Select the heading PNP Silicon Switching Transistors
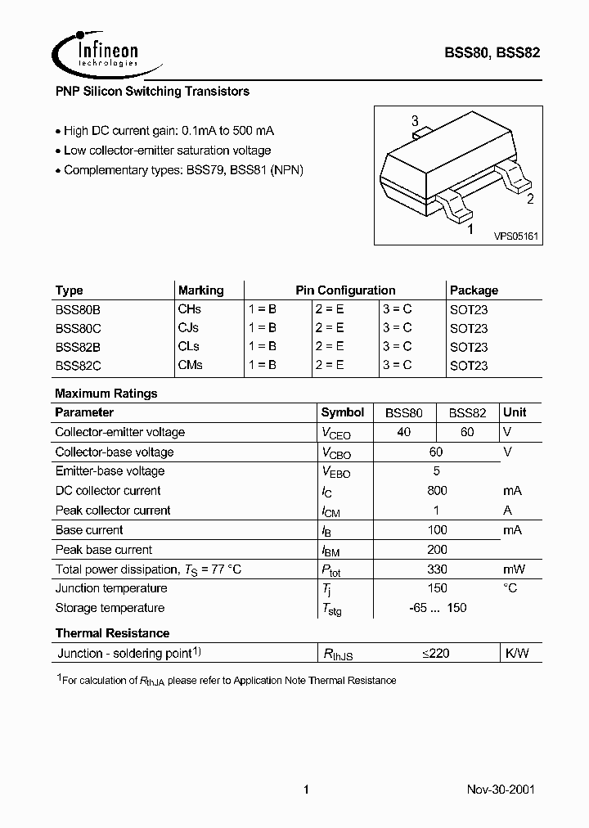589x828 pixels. click(x=152, y=92)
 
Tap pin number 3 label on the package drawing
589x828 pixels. click(x=415, y=121)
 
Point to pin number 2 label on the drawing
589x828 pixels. click(x=530, y=199)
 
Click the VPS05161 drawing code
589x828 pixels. click(x=515, y=236)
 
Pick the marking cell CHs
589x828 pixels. click(x=189, y=309)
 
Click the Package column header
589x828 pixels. click(x=474, y=290)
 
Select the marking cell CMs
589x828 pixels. click(x=190, y=365)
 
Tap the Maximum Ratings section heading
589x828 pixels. click(x=106, y=394)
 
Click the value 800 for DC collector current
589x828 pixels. click(x=437, y=491)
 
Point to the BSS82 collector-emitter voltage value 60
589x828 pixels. click(x=467, y=432)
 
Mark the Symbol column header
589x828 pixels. click(x=343, y=412)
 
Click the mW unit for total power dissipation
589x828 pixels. click(x=514, y=569)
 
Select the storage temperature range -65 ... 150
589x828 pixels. click(x=437, y=608)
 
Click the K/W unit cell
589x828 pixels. click(x=517, y=653)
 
